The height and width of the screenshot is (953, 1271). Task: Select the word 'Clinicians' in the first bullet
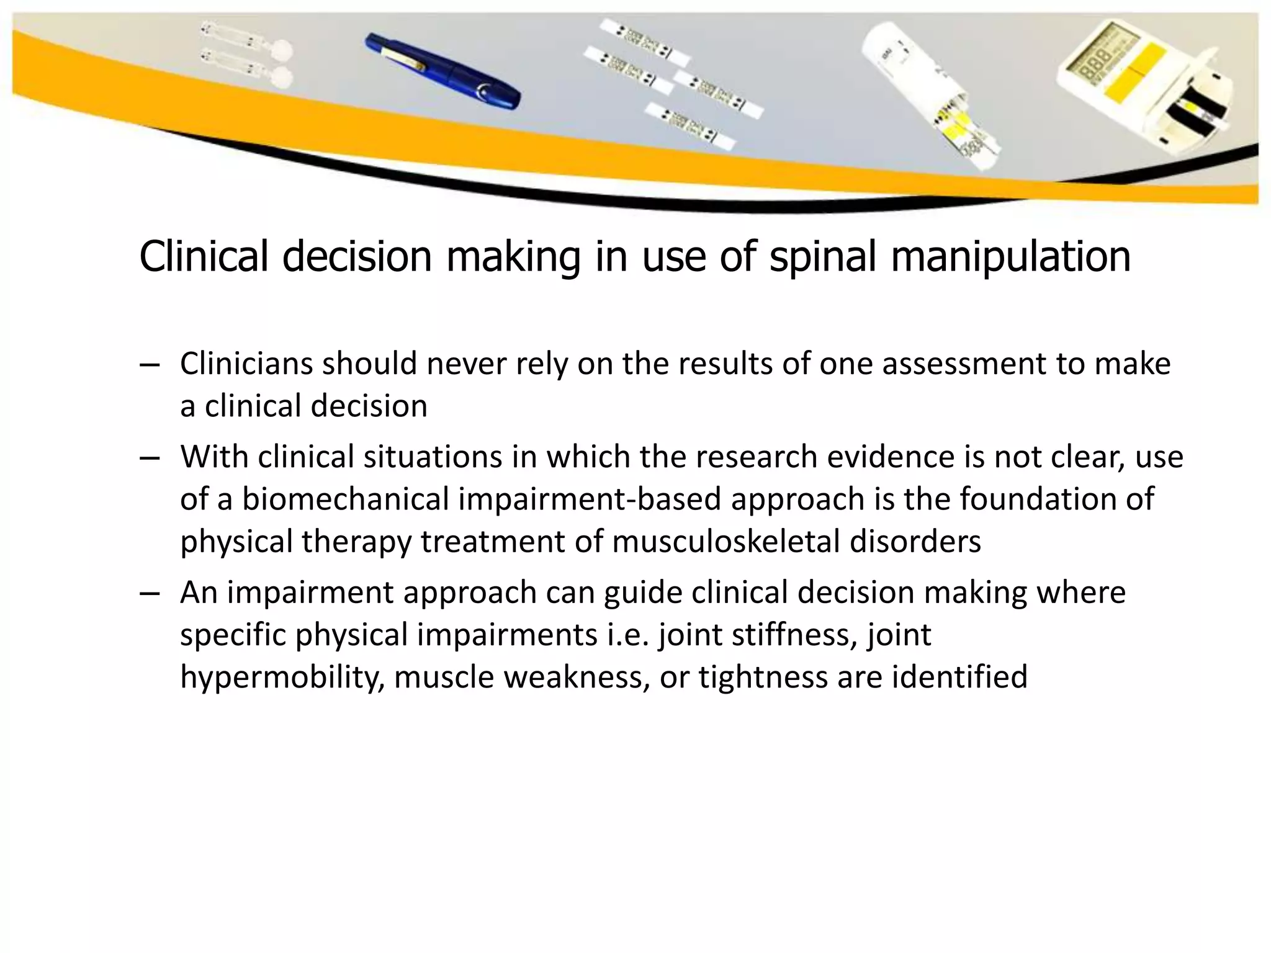(x=246, y=364)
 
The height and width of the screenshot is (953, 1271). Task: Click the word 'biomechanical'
(x=344, y=499)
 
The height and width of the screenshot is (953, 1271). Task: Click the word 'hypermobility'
(x=277, y=677)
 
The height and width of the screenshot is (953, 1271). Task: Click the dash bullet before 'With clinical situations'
(x=150, y=458)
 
